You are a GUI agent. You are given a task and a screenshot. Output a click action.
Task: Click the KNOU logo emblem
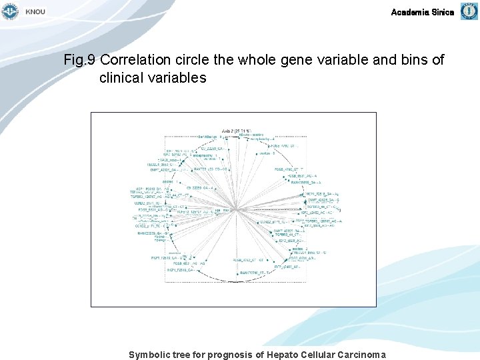(x=11, y=11)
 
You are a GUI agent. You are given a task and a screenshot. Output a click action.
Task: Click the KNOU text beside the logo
(x=35, y=13)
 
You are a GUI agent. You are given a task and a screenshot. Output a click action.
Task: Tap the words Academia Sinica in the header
(x=422, y=12)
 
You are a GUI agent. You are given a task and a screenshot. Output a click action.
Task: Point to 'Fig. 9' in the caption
(x=80, y=60)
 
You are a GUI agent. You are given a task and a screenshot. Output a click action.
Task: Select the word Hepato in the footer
(x=284, y=355)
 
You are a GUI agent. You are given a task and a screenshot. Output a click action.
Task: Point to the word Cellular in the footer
(x=319, y=355)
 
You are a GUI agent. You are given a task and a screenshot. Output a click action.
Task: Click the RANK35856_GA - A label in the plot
(x=306, y=182)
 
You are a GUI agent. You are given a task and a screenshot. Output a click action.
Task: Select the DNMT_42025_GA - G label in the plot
(x=323, y=200)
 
